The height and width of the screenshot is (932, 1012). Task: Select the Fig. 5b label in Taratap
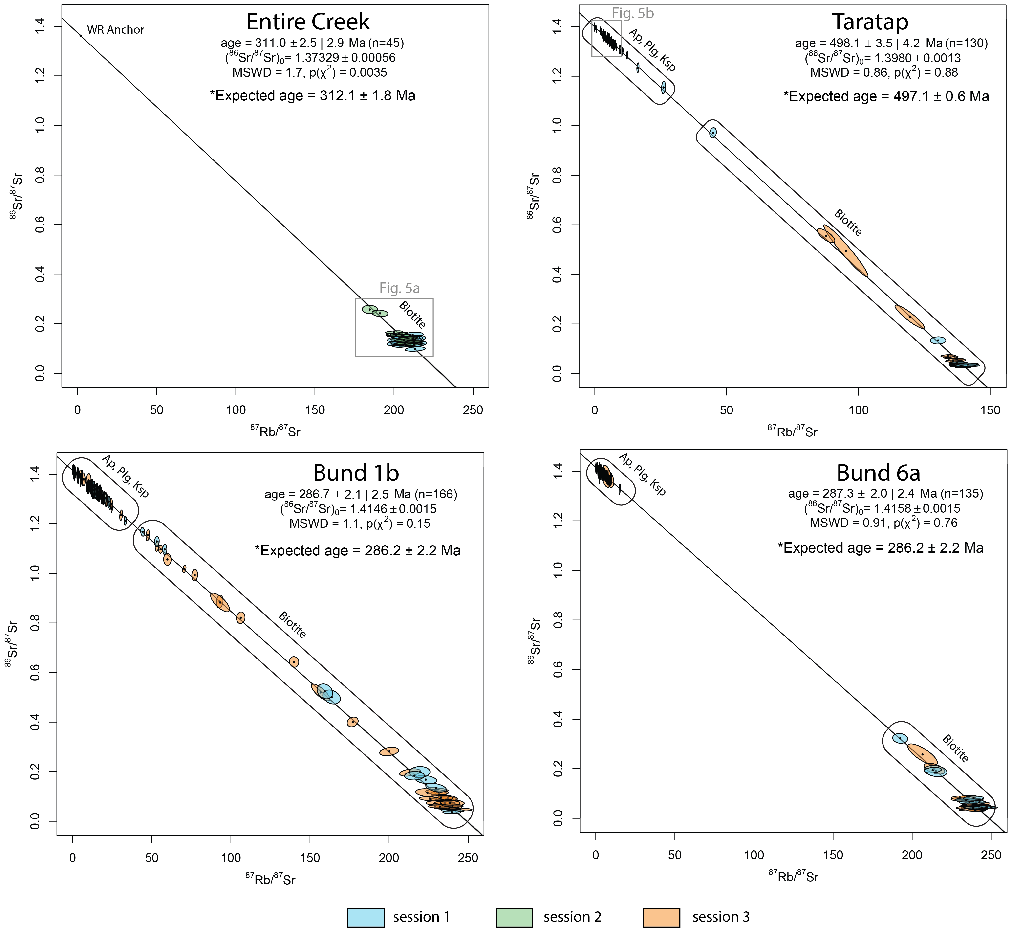[633, 14]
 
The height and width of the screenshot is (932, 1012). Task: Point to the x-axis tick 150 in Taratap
[990, 410]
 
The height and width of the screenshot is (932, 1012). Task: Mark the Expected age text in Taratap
[886, 96]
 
